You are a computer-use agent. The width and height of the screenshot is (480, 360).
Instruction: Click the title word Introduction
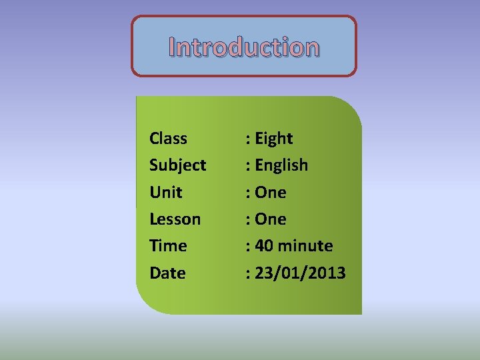coord(244,47)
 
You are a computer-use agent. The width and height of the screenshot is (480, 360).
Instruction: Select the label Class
coord(168,139)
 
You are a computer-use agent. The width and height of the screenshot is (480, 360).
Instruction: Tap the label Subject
coord(177,165)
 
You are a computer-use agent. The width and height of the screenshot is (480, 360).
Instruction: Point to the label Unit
coord(165,193)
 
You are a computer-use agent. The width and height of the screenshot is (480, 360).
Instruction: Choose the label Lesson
coord(175,219)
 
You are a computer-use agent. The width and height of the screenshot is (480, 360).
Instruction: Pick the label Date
coord(167,273)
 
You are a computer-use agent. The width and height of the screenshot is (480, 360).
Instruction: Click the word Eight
coord(274,139)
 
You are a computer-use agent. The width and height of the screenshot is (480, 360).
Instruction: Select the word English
coord(281,165)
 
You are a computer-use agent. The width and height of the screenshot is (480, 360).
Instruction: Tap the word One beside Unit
coord(271,193)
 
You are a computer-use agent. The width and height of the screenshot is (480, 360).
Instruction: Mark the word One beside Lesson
coord(271,219)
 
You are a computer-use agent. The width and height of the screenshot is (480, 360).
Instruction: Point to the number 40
coord(264,246)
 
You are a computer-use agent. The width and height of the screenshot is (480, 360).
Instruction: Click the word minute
coord(305,246)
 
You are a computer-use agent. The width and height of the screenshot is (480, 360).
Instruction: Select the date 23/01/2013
coord(301,273)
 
